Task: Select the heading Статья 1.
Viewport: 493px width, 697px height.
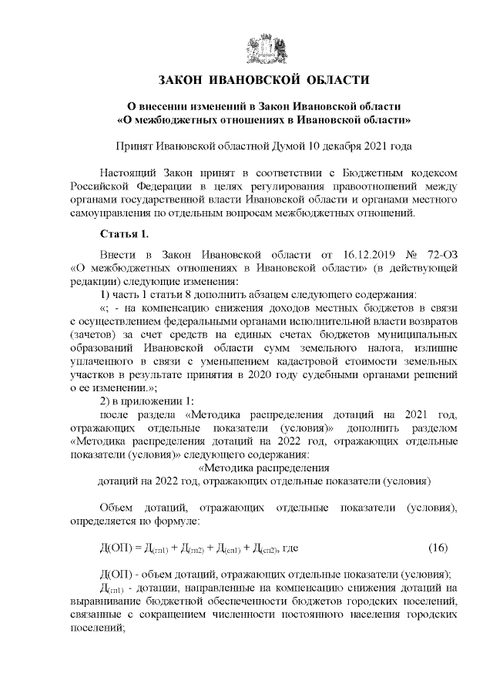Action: click(x=122, y=233)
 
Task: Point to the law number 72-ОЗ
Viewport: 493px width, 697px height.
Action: click(x=442, y=254)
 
